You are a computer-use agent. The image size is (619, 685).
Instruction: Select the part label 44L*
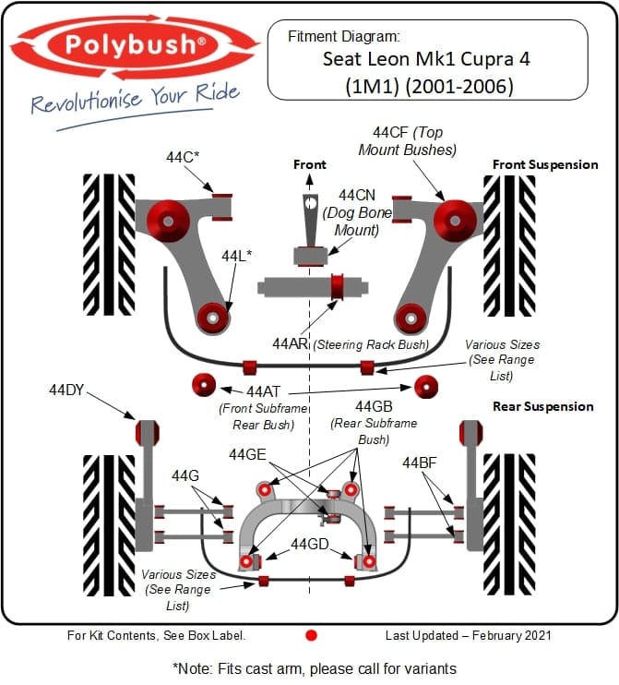point(236,254)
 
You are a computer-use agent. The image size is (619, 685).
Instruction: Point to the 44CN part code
point(356,196)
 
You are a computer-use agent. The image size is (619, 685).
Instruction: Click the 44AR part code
point(290,343)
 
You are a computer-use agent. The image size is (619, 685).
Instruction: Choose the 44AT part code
point(264,391)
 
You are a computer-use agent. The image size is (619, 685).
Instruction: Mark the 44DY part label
point(66,391)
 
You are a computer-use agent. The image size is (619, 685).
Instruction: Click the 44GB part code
point(375,407)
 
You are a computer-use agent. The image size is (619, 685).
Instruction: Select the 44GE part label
point(247,454)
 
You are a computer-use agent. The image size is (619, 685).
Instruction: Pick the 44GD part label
point(310,544)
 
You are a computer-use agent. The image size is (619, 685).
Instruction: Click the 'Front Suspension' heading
point(544,164)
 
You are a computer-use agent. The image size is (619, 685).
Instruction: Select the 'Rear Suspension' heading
point(543,406)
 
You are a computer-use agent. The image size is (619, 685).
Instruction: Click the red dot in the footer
point(311,635)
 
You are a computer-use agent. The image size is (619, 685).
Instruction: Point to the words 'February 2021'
point(507,635)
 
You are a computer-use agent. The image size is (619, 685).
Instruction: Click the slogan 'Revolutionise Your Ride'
point(135,99)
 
